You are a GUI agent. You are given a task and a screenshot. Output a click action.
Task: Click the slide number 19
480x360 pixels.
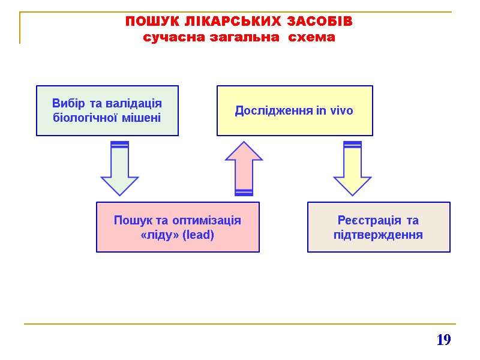[443, 341]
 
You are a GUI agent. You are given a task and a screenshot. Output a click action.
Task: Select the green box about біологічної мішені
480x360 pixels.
[107, 110]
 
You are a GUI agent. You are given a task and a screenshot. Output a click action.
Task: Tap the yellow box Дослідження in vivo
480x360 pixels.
[294, 110]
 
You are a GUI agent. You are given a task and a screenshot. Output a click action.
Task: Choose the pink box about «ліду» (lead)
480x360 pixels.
[178, 227]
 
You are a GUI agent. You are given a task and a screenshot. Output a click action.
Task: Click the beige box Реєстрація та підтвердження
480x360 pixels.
[378, 227]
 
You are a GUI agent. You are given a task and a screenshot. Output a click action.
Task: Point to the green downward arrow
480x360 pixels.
[119, 168]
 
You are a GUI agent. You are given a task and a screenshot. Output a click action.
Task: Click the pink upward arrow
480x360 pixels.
[244, 168]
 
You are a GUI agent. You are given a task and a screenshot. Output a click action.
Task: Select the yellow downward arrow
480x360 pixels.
[352, 168]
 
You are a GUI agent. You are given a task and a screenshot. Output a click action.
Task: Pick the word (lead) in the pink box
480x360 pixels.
[200, 235]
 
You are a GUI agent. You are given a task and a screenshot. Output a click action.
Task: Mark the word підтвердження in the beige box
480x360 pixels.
[378, 235]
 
